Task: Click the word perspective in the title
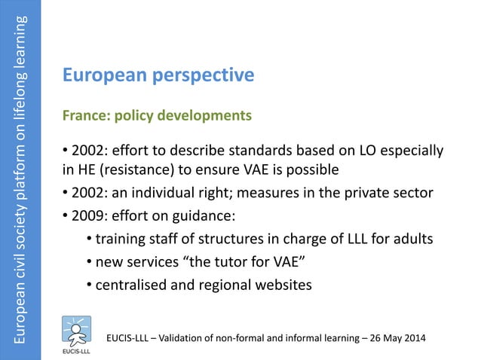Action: (206, 76)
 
